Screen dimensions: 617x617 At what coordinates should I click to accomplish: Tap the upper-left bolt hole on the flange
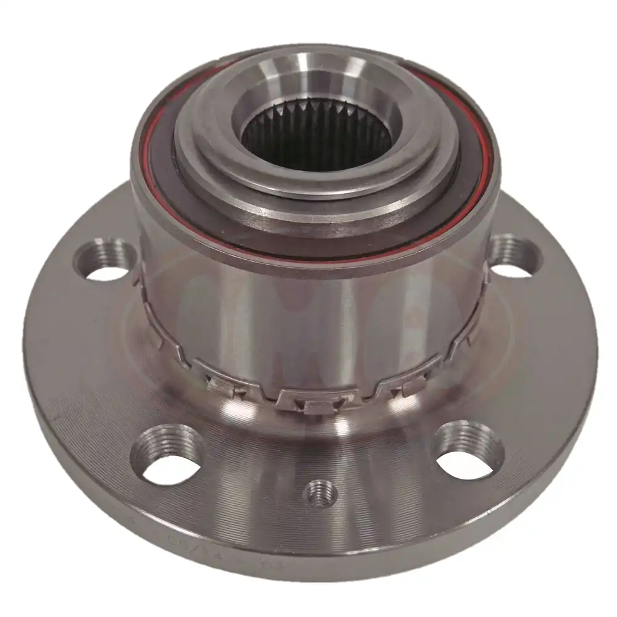[x=106, y=261]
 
